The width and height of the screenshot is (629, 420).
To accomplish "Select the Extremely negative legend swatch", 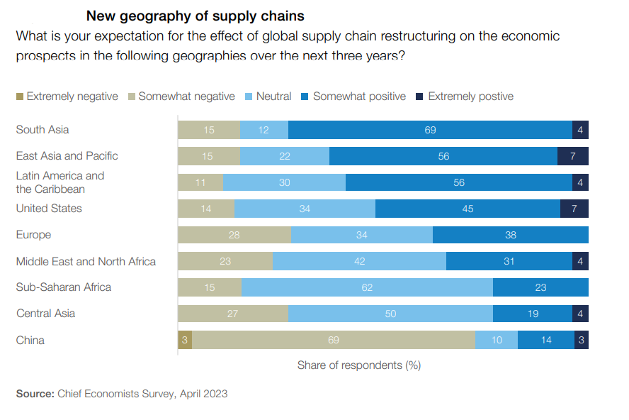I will pos(20,96).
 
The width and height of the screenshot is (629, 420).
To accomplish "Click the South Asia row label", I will pos(42,130).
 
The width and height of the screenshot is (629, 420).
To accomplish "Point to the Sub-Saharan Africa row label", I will pos(64,287).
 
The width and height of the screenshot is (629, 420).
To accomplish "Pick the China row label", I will pos(30,341).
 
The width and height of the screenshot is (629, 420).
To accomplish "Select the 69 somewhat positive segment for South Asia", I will pos(430,130).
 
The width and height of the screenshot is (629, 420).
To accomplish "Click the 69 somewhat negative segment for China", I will pos(334,341).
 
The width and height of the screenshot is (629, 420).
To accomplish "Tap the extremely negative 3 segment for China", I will pos(184,341).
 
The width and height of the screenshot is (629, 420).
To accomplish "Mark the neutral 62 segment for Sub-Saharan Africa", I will pos(367,287).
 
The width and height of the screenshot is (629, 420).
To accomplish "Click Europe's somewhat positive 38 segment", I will pos(511,235).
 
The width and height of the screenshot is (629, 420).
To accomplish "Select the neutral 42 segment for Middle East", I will pos(359,261).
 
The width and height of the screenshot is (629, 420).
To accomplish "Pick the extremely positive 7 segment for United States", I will pos(574,209).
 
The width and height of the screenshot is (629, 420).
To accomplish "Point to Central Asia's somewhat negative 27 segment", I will pos(233,314).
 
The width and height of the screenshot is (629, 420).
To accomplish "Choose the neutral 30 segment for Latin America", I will pos(284,182).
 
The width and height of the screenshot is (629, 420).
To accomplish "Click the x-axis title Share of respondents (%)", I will pos(359,365).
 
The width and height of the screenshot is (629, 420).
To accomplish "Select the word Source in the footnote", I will pos(33,393).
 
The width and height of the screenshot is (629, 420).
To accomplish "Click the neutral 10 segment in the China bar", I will pos(497,341).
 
